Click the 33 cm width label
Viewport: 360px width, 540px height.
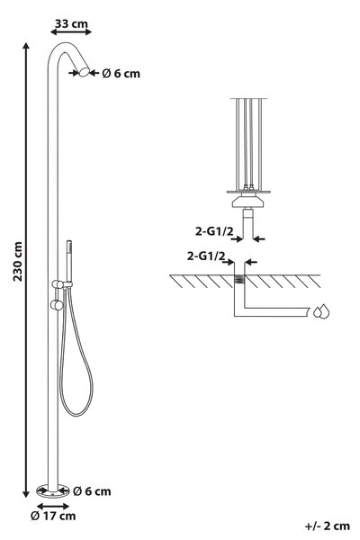coord(71,23)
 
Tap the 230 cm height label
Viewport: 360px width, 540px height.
coord(18,262)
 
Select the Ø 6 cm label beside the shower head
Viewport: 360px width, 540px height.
coord(121,74)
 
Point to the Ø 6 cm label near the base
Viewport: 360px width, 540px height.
coord(92,491)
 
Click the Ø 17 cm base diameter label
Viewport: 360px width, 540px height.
coord(53,516)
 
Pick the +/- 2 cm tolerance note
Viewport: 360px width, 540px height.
coord(328,526)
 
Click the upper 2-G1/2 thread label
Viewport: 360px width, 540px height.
coord(214,231)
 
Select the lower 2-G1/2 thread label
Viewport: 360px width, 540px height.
coord(206,256)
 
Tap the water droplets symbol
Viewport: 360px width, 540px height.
coord(321,311)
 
